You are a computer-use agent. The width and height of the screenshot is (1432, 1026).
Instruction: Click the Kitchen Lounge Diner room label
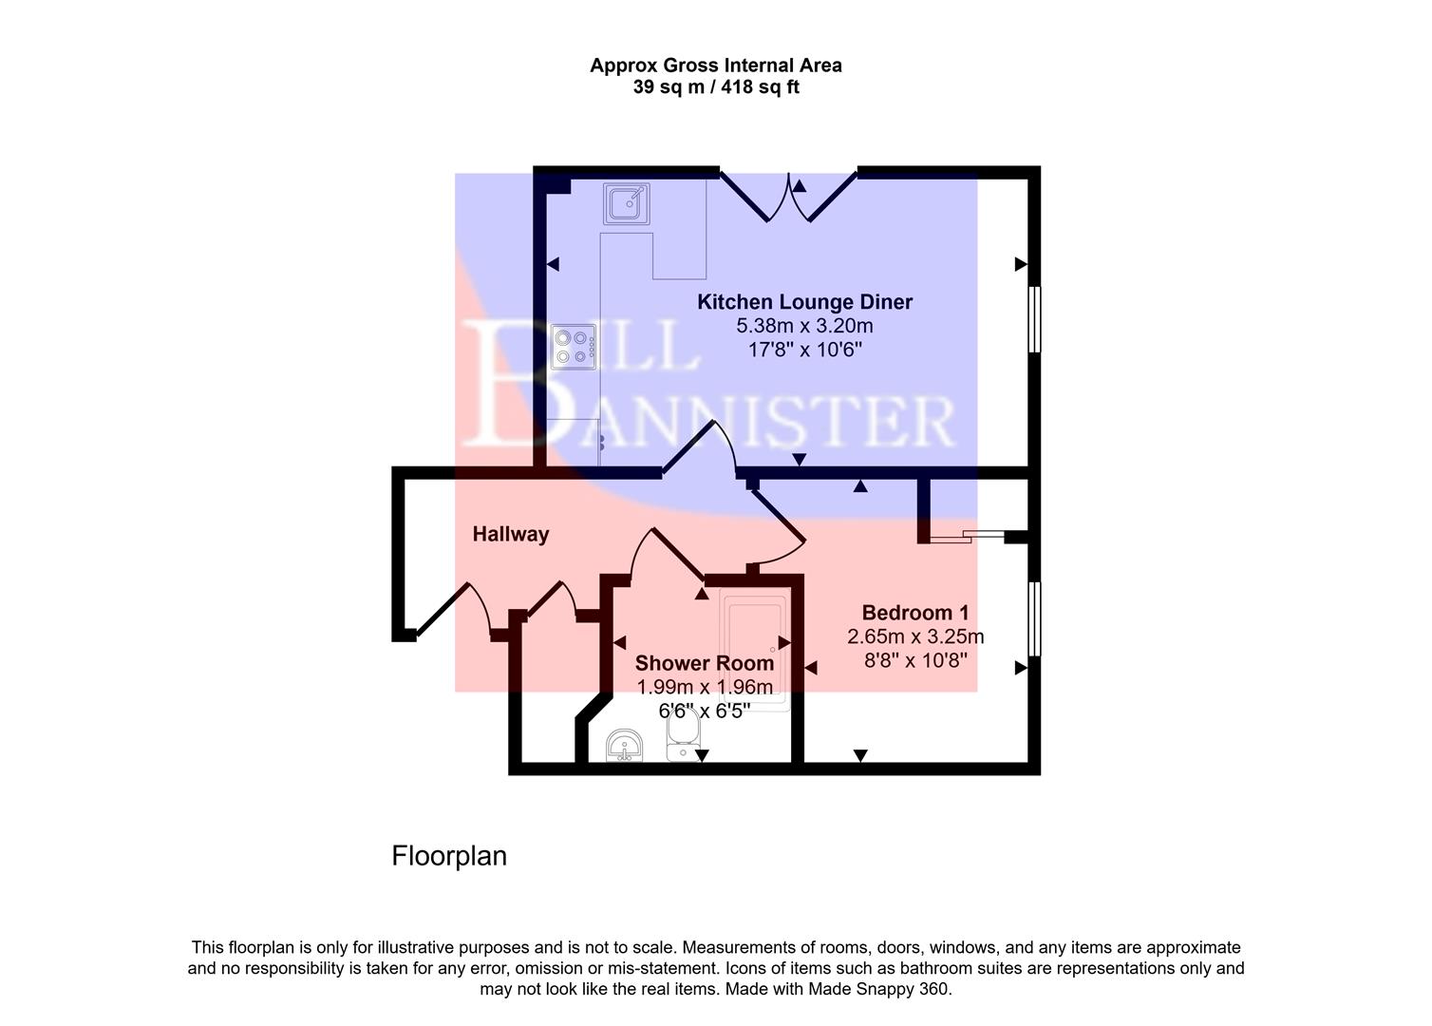[x=804, y=302]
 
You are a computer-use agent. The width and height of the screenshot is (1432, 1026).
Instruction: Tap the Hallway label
[x=511, y=534]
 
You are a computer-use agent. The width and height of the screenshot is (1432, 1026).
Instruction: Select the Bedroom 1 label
[x=915, y=613]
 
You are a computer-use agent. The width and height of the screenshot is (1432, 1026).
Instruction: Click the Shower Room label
[x=704, y=663]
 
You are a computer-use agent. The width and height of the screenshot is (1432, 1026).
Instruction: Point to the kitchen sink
[x=627, y=202]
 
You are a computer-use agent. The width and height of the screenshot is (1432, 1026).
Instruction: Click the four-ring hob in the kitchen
[x=574, y=347]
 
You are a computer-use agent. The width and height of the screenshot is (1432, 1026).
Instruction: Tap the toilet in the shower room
[x=683, y=736]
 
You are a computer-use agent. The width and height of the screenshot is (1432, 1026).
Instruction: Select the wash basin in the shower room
[x=625, y=746]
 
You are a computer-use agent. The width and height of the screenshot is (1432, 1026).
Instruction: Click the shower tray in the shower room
[x=754, y=651]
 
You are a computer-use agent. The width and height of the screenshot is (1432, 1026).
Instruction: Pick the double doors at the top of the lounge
[x=789, y=194]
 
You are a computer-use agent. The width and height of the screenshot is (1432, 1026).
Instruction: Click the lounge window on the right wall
[x=1035, y=320]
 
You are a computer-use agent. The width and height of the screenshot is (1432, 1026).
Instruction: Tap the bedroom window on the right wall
[x=1035, y=618]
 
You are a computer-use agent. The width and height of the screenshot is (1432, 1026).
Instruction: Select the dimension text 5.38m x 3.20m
[x=804, y=326]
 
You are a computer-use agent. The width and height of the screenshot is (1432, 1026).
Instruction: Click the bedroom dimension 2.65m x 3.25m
[x=915, y=636]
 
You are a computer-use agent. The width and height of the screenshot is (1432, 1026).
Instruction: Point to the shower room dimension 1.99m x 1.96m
[x=704, y=687]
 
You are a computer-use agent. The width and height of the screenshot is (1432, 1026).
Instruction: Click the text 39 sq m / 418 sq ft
[x=716, y=87]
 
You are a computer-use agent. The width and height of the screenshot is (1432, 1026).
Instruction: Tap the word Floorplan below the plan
[x=449, y=856]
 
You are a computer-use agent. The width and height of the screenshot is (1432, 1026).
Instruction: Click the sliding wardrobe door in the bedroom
[x=967, y=538]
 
